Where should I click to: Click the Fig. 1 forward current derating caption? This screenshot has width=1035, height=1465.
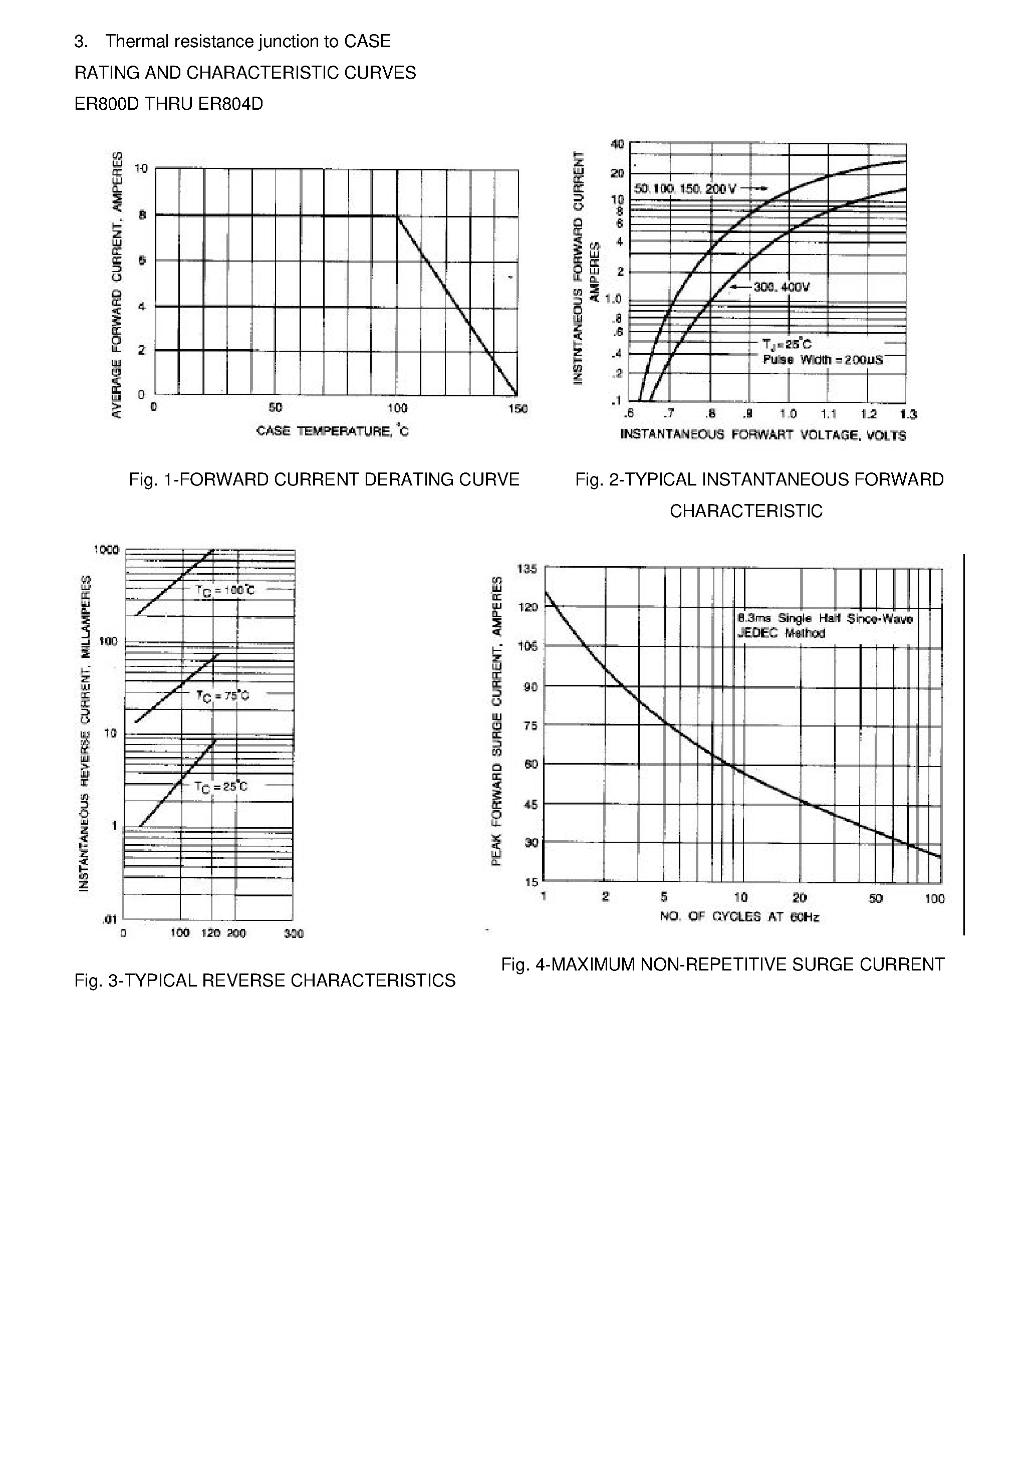tap(324, 480)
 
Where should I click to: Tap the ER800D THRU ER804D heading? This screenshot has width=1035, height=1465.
tap(168, 104)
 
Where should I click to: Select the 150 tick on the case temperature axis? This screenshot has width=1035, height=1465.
tap(517, 409)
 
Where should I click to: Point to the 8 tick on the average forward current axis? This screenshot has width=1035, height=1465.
tap(142, 215)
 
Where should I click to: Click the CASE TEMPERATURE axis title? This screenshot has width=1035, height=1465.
tap(333, 431)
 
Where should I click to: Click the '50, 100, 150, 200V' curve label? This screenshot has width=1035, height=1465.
tap(685, 189)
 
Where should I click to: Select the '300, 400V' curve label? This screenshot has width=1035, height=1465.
tap(781, 287)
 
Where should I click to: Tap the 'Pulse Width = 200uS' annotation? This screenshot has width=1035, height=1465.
tap(823, 360)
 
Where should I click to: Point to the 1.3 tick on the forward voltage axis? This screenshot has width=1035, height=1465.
tap(908, 415)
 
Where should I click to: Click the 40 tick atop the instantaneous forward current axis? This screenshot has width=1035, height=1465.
tap(617, 144)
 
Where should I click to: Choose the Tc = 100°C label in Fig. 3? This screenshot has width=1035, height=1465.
tap(224, 591)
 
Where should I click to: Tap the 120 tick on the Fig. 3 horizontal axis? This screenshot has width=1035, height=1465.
tap(210, 933)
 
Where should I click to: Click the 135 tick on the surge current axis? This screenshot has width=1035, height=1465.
tap(530, 569)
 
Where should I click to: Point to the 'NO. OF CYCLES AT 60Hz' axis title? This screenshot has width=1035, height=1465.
tap(739, 917)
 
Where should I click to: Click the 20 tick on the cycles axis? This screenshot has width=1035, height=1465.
tap(800, 898)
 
